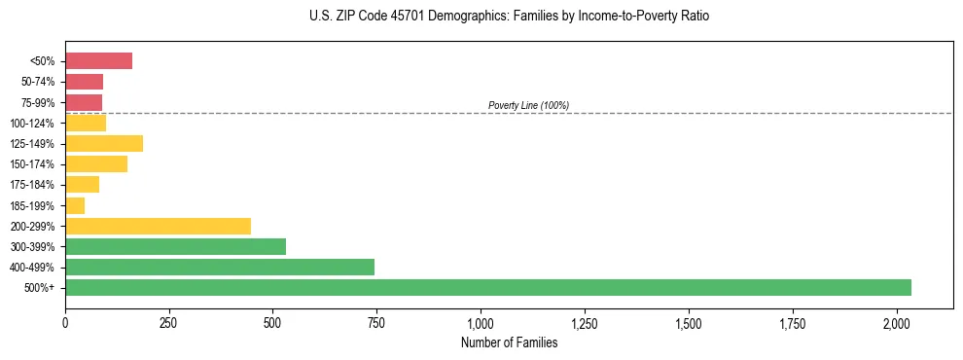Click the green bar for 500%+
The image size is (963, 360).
487,287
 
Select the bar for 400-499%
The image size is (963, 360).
220,267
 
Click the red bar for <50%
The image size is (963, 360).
98,61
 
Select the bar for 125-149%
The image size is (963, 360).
104,144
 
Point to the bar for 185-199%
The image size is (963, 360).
75,205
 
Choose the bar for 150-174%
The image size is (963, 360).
96,164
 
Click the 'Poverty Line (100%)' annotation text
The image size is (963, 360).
528,105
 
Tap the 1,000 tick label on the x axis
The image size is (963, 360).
481,323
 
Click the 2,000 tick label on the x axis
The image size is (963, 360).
897,323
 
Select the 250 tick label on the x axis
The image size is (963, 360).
169,323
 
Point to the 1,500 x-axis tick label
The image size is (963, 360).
689,323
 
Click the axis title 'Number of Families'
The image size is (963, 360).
509,342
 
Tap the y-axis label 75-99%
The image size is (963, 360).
38,103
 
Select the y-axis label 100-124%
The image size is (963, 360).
34,124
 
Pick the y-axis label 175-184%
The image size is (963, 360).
34,185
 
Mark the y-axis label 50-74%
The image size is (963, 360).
38,83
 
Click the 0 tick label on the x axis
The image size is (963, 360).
65,323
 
